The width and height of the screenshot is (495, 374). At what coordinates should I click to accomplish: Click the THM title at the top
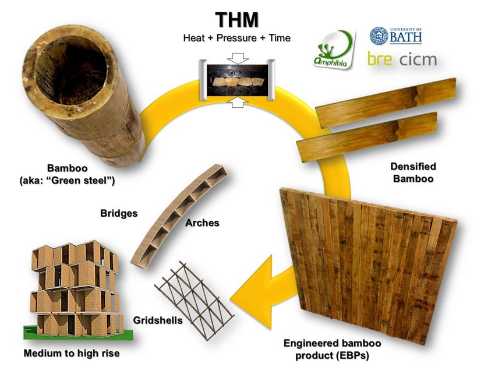tap(236, 19)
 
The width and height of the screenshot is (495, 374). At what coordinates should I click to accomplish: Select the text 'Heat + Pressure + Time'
tap(236, 38)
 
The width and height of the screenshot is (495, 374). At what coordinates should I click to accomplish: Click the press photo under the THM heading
tap(236, 72)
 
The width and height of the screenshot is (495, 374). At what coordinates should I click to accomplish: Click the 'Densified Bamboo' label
tap(413, 172)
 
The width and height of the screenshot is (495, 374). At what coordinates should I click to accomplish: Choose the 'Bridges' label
tap(119, 213)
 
